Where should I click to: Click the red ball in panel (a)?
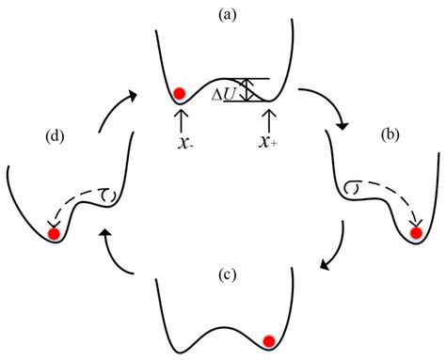click(180, 92)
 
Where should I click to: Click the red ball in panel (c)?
click(269, 340)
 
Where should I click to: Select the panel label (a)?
click(224, 13)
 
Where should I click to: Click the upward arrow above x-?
click(179, 118)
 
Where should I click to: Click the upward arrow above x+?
click(271, 118)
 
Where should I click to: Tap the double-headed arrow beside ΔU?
click(248, 89)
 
